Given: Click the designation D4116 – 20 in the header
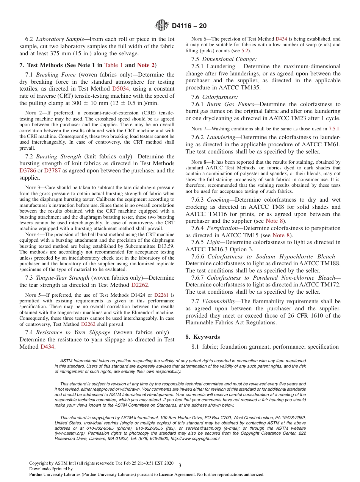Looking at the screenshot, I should [189, 26].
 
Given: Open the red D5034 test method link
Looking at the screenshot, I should [121, 89].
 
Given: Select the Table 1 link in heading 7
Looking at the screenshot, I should [113, 65].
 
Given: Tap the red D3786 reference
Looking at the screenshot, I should [28, 171].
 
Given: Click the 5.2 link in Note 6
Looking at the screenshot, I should [245, 50].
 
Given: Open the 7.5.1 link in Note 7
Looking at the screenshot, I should [334, 128].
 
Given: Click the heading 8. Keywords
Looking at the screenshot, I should [202, 337].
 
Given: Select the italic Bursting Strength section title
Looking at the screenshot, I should [58, 156].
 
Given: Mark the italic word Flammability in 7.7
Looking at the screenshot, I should [218, 301].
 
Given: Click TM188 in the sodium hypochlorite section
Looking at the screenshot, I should [332, 263].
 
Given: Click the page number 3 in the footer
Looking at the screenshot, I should [180, 465].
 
